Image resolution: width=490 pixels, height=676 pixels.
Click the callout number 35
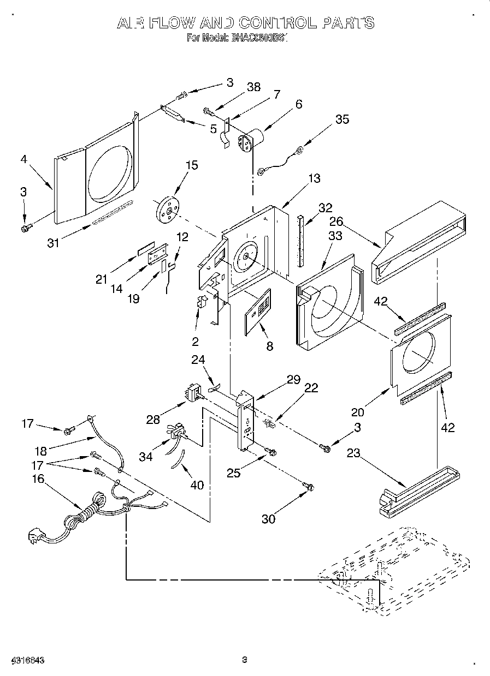point(342,119)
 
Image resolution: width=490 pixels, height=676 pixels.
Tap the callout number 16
point(38,478)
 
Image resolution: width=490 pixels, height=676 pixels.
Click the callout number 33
point(335,236)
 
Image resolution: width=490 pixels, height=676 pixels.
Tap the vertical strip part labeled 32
point(300,240)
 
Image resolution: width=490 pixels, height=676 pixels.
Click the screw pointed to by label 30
point(308,485)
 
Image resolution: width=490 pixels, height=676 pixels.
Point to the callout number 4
point(23,160)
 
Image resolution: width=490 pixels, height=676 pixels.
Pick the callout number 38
point(253,87)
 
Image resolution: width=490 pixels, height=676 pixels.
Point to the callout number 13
point(314,178)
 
